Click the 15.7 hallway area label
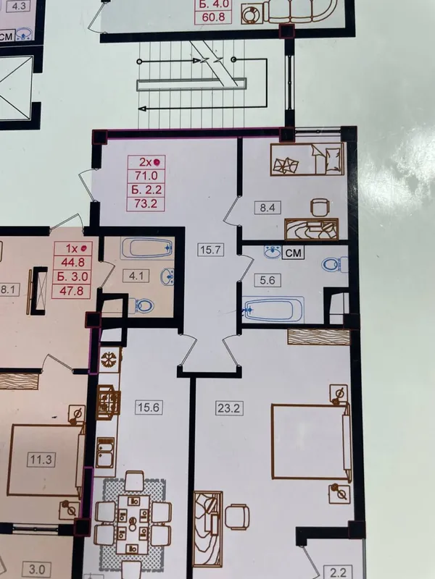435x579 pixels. tap(210, 250)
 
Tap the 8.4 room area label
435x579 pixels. tap(268, 208)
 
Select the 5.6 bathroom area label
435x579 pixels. tap(268, 280)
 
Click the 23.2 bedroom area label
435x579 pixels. tap(229, 408)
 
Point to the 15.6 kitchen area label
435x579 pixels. tap(149, 407)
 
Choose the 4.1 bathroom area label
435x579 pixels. tap(136, 276)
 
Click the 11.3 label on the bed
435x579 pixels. tap(41, 460)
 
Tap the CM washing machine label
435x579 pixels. tap(294, 253)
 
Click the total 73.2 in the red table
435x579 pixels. tap(146, 203)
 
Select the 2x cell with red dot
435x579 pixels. tap(146, 162)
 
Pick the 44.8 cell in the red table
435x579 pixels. tap(72, 262)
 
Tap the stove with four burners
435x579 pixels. tap(109, 402)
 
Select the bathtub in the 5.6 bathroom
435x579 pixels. tap(274, 310)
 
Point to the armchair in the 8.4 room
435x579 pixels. tap(319, 207)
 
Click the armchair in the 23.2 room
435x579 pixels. tap(236, 516)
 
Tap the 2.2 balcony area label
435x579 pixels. tap(338, 572)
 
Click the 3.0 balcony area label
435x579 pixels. tap(37, 569)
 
